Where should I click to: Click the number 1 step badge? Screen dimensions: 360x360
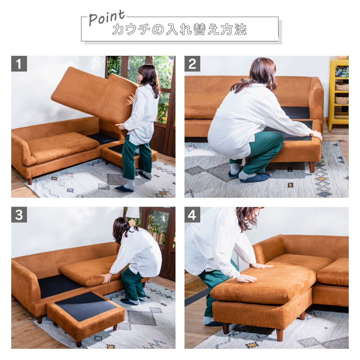(19, 63)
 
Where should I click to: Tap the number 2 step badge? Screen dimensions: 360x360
(192, 63)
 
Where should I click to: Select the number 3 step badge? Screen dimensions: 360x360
(19, 215)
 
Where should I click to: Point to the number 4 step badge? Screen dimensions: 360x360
(192, 215)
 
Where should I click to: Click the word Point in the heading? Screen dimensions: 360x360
(107, 18)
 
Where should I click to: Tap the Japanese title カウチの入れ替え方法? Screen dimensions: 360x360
(180, 29)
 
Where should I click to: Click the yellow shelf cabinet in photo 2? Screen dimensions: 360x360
(338, 93)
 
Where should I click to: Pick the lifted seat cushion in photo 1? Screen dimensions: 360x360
(95, 95)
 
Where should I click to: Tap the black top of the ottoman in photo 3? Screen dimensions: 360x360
(85, 306)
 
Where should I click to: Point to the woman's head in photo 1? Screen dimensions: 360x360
(148, 75)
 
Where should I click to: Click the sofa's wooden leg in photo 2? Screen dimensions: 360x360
(312, 167)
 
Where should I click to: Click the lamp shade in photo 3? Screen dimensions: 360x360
(133, 212)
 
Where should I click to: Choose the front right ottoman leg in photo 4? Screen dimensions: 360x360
(279, 335)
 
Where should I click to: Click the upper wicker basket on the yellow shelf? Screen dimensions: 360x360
(342, 86)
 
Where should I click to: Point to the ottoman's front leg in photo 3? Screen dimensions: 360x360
(79, 343)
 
